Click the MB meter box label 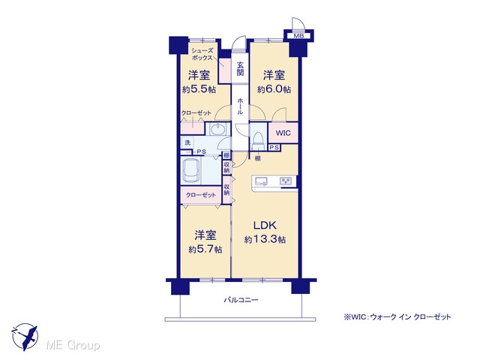tap(298, 36)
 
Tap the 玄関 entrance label tap(240, 68)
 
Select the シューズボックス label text tap(202, 54)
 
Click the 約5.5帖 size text tap(199, 89)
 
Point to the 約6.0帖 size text tap(274, 89)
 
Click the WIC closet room tap(283, 133)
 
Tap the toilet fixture tap(259, 139)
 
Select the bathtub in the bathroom tap(192, 171)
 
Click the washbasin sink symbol tap(217, 129)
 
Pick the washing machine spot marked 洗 tap(187, 142)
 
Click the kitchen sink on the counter tap(261, 181)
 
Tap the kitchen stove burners tap(286, 181)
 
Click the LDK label tap(265, 225)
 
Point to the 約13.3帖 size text tap(265, 239)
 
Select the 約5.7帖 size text tap(205, 250)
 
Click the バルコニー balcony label tap(241, 300)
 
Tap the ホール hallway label tap(240, 106)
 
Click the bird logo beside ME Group tap(25, 337)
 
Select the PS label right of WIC tap(274, 148)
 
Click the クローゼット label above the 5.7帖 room tap(201, 195)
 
